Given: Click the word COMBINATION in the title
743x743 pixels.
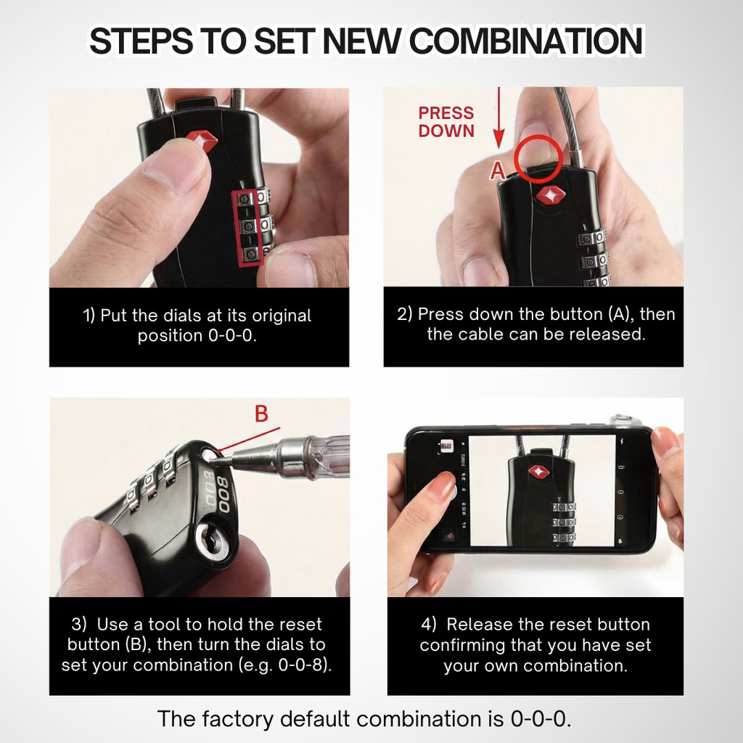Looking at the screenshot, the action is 525,41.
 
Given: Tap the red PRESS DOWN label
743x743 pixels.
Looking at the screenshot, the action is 446,122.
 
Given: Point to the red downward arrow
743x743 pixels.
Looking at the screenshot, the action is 498,118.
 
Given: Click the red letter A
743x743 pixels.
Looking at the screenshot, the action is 497,171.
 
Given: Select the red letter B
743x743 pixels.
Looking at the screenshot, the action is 261,413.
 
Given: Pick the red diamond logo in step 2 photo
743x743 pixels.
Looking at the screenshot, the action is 550,194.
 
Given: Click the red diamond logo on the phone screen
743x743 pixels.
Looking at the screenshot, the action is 539,472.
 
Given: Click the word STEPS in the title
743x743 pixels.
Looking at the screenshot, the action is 141,41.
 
